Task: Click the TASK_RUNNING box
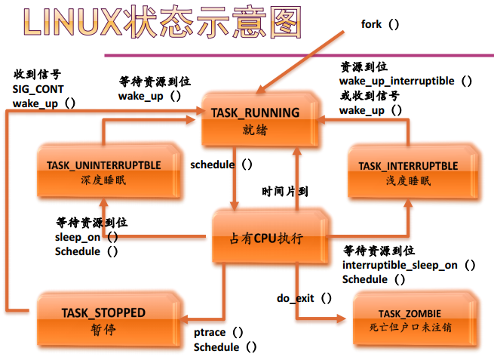256,120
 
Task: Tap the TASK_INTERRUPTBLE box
407,171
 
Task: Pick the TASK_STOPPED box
103,320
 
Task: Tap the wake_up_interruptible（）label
406,81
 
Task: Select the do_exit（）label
305,297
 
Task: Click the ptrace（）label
219,332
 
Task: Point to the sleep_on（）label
87,237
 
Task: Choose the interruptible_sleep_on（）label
409,265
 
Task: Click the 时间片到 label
285,192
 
